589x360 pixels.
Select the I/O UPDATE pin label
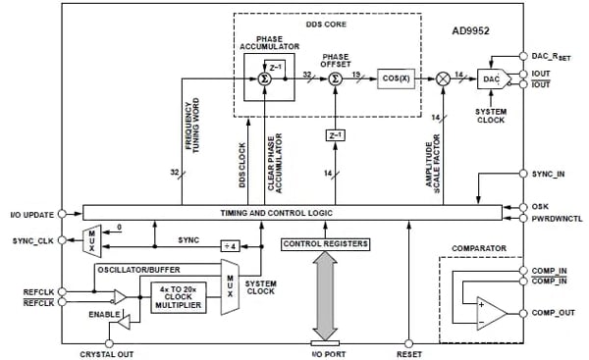point(31,213)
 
